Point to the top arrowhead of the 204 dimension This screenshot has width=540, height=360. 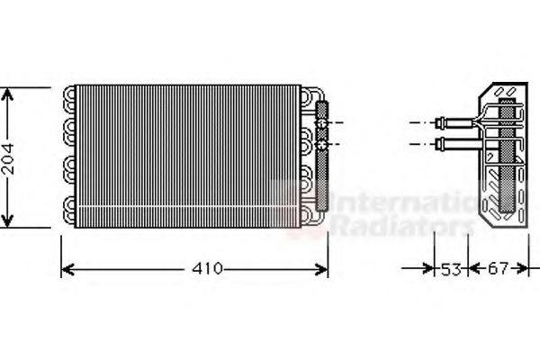(x=9, y=93)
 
